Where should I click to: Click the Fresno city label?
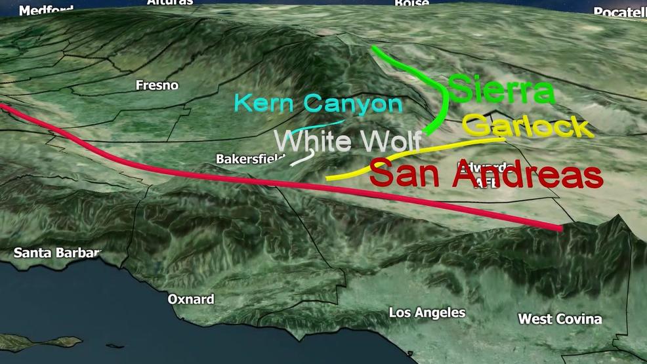[x=157, y=85]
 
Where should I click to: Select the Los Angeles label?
[x=427, y=313]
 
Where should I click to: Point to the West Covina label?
[x=560, y=319]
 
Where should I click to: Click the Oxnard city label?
[x=190, y=299]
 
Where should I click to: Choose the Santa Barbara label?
[x=57, y=253]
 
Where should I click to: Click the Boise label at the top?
[x=411, y=3]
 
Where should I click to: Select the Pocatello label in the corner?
[x=619, y=12]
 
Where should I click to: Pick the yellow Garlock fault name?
[x=528, y=125]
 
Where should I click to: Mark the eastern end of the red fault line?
[x=560, y=228]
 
